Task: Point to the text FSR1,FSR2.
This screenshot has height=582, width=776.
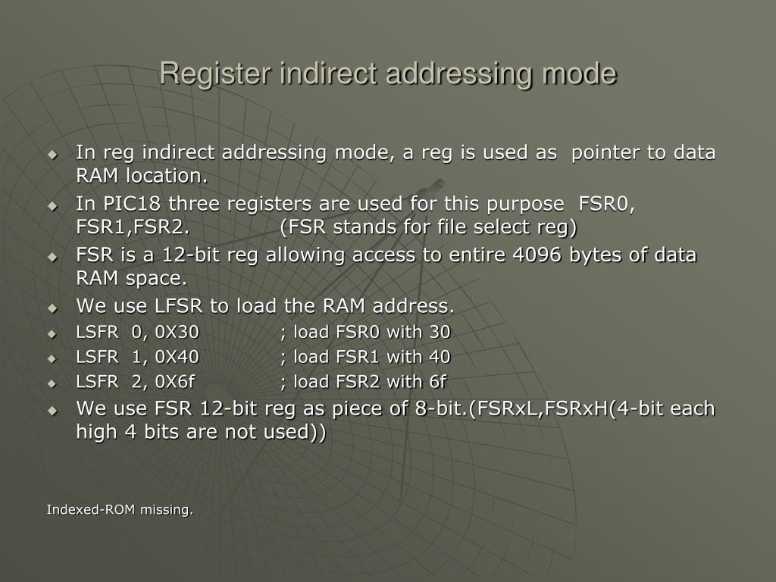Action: tap(133, 227)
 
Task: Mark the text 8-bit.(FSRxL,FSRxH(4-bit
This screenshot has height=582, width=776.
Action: tap(541, 409)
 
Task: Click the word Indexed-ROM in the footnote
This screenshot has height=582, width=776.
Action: tap(89, 510)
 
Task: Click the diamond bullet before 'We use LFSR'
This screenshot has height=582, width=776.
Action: tap(52, 308)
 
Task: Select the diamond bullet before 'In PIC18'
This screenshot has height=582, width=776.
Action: tap(52, 205)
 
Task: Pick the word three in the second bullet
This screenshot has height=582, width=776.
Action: tap(190, 204)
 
